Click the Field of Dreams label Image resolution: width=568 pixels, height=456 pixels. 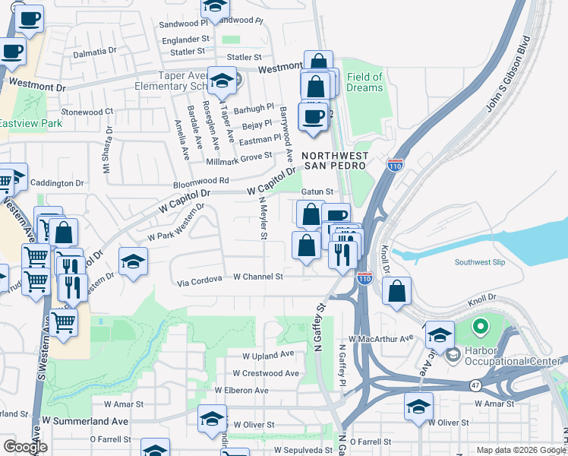pos(364,82)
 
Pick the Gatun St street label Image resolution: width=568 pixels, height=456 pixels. pos(318,192)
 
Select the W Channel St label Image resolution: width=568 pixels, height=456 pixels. pos(257,277)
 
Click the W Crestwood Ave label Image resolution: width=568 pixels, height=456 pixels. pos(266,373)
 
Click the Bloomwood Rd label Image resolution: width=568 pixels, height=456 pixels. pos(201,181)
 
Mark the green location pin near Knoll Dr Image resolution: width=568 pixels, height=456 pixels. pos(479,328)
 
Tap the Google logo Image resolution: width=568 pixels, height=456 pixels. pos(25,447)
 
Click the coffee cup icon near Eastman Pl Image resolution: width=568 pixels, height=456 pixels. pos(314,118)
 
